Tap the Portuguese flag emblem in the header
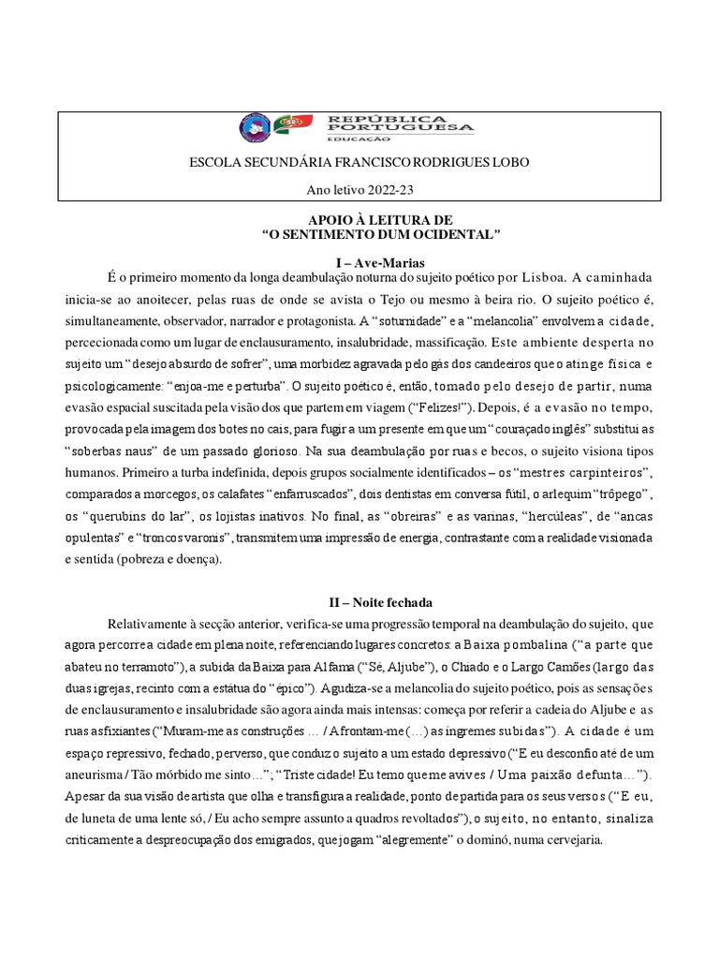pyautogui.click(x=293, y=125)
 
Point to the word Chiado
pyautogui.click(x=439, y=666)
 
